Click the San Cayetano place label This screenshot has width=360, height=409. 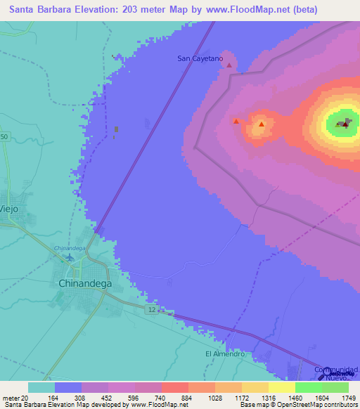200,59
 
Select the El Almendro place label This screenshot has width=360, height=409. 224,354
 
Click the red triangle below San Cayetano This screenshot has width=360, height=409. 229,65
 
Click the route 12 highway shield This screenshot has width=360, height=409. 151,309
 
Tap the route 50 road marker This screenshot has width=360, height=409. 4,136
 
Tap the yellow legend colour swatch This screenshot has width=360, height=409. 281,387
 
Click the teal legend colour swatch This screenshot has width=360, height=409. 41,387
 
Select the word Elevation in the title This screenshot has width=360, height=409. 89,10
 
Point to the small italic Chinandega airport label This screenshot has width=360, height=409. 70,248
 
